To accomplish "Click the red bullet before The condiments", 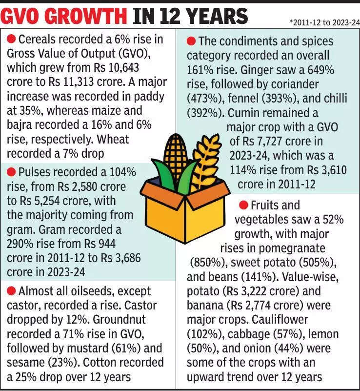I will [192, 41].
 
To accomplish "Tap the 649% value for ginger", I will [317, 70].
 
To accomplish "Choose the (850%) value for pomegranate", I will [206, 263].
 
